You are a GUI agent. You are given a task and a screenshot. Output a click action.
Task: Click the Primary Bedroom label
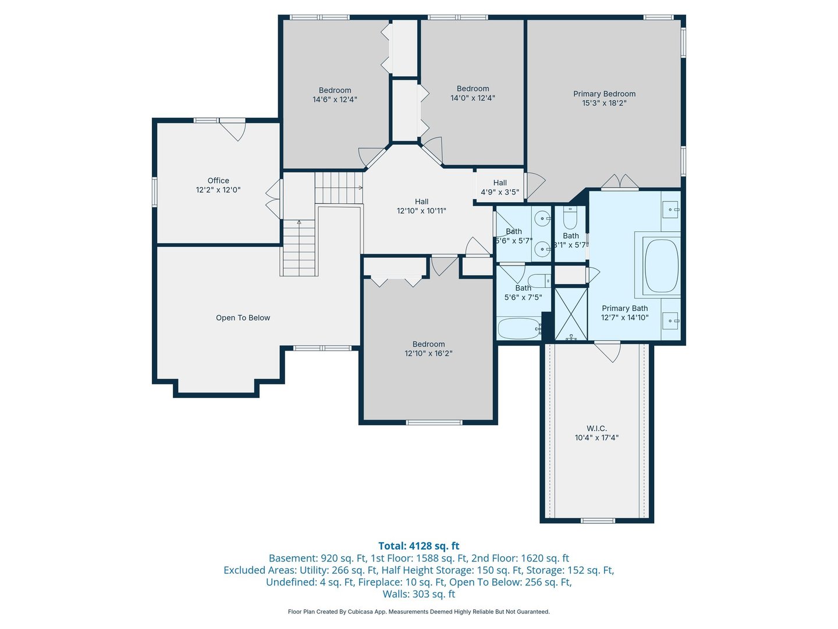tap(604, 94)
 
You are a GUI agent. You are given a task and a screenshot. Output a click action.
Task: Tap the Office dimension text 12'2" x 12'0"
tap(218, 190)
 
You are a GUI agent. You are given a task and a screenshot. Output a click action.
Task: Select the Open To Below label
tap(243, 318)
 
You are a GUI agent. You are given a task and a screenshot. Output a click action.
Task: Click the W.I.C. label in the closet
tap(596, 429)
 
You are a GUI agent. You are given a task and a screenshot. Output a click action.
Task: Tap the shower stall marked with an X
tap(570, 314)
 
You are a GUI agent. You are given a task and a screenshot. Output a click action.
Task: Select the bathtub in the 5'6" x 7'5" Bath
tap(519, 328)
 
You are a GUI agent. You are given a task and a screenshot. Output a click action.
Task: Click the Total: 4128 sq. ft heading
tap(418, 546)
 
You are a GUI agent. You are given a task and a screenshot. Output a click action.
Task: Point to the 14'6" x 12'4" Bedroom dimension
tap(335, 100)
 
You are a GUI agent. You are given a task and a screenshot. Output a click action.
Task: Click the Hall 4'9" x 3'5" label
tap(500, 188)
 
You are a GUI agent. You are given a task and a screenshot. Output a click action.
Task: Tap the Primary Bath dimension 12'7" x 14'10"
tap(624, 318)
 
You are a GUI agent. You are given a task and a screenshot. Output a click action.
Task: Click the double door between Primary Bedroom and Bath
tap(620, 182)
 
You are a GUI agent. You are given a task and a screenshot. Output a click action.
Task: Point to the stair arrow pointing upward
tap(299, 222)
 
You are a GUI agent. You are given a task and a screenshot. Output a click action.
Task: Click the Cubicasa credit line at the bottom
tap(418, 612)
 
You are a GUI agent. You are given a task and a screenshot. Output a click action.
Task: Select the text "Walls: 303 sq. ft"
tap(418, 594)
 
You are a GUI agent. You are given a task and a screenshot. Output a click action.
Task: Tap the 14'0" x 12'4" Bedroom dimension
tap(473, 98)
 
